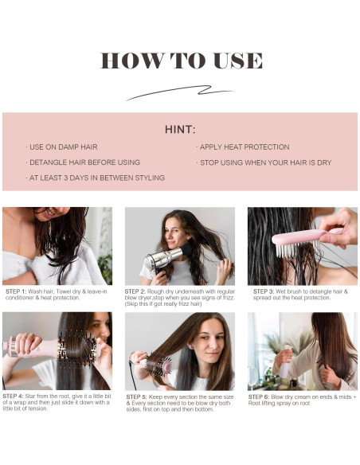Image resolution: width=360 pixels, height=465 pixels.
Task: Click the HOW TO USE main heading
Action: tap(181, 61)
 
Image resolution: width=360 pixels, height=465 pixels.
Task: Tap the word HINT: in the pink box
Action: tap(180, 129)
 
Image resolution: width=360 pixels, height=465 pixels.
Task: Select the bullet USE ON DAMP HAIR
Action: tap(63, 147)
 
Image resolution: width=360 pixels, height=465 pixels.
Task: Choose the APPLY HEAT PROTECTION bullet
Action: tap(243, 147)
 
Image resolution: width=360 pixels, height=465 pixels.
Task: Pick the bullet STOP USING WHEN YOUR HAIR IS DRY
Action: tap(264, 162)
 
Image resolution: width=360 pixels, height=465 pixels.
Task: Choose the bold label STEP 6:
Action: tap(264, 396)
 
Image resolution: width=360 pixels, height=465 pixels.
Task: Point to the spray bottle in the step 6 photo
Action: tap(284, 362)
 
